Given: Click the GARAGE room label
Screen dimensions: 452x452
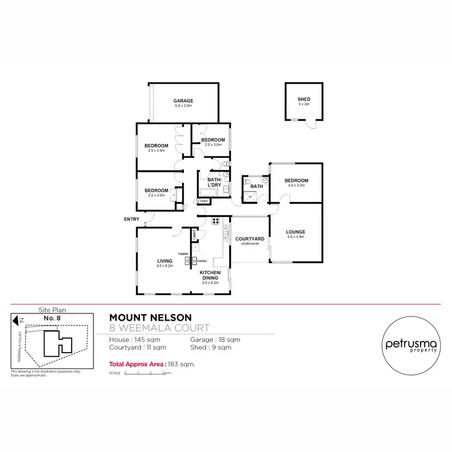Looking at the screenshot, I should click(x=183, y=101).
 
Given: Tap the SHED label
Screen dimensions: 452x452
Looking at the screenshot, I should click(x=304, y=99).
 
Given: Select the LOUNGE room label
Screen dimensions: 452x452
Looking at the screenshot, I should click(x=296, y=232).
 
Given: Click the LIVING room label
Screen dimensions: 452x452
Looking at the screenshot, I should click(x=165, y=260).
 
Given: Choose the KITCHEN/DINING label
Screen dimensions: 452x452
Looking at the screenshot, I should click(x=210, y=276).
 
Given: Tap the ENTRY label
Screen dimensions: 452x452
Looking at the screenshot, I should click(x=131, y=219).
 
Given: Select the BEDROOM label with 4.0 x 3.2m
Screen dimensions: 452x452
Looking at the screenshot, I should click(x=296, y=180).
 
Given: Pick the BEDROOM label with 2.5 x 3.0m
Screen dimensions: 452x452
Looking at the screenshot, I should click(x=213, y=140).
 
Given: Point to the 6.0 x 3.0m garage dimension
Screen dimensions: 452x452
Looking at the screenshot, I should click(x=183, y=106).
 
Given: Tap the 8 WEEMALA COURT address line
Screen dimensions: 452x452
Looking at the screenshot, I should click(x=159, y=328).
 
